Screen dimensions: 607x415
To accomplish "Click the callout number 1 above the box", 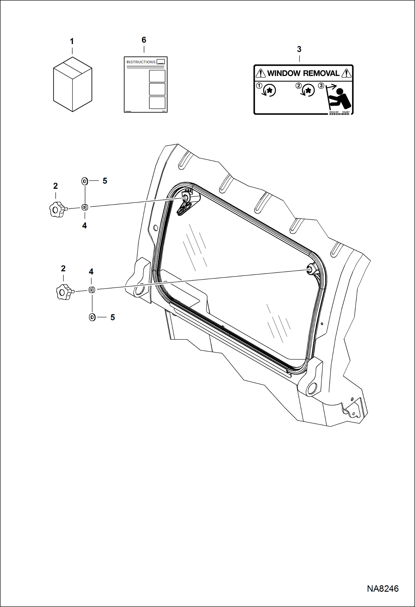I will [x=72, y=42].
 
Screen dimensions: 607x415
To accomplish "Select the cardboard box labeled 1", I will [x=72, y=84].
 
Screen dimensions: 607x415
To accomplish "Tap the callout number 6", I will [x=144, y=40].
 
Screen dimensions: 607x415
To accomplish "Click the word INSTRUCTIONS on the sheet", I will [x=141, y=62].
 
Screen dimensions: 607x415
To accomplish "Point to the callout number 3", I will [x=299, y=49].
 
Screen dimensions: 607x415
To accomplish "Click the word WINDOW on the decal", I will [x=284, y=73].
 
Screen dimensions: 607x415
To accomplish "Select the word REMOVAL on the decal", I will [x=321, y=73].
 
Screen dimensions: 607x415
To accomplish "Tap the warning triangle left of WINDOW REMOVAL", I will [x=260, y=74].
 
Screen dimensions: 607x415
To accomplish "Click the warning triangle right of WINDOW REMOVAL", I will [x=346, y=74].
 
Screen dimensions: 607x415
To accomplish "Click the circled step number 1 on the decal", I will [x=259, y=86].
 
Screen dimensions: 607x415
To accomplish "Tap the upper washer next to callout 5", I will [x=85, y=181].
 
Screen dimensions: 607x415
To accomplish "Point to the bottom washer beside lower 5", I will [x=92, y=317].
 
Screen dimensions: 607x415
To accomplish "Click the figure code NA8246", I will [x=383, y=588].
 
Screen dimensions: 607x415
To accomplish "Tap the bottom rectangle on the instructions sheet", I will [x=157, y=102].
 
